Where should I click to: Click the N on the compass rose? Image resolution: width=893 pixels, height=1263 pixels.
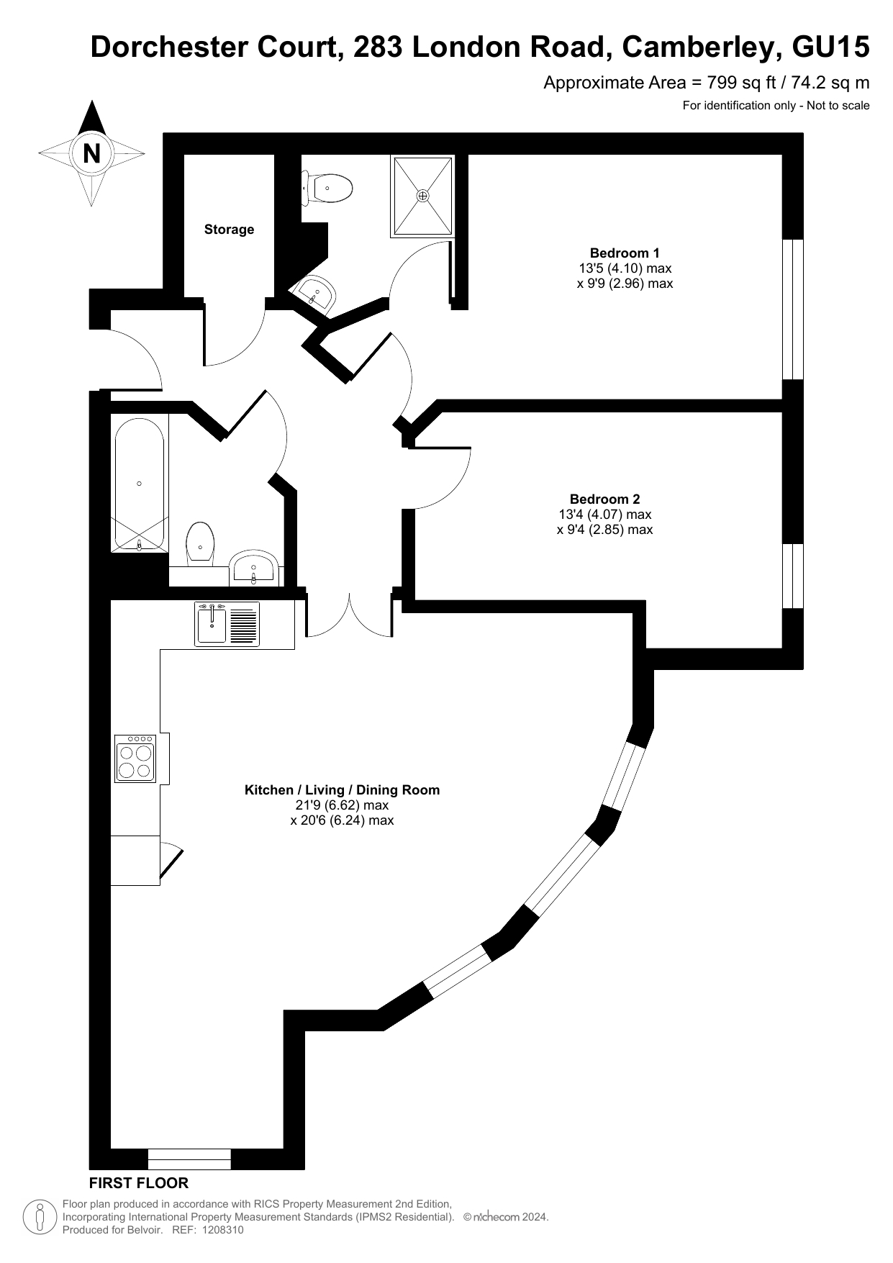(91, 153)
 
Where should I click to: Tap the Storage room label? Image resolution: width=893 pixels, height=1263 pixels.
(229, 230)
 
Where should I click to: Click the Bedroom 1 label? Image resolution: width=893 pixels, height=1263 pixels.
(624, 253)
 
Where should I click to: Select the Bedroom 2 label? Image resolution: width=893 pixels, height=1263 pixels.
(604, 499)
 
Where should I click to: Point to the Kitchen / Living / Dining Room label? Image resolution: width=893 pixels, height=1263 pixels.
(342, 789)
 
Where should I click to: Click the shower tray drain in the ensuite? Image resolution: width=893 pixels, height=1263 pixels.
(422, 195)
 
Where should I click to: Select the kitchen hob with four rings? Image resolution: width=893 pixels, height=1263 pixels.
(135, 758)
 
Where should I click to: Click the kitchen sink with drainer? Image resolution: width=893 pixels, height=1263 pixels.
(227, 623)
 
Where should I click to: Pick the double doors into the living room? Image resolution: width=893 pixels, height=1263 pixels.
(350, 616)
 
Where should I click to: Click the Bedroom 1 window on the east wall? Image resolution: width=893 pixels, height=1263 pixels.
(792, 309)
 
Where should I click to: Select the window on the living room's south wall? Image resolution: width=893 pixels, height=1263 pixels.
(189, 1159)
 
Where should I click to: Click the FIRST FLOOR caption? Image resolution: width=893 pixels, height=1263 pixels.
(139, 1183)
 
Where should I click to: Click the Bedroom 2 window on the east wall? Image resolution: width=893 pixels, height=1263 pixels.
(792, 576)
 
